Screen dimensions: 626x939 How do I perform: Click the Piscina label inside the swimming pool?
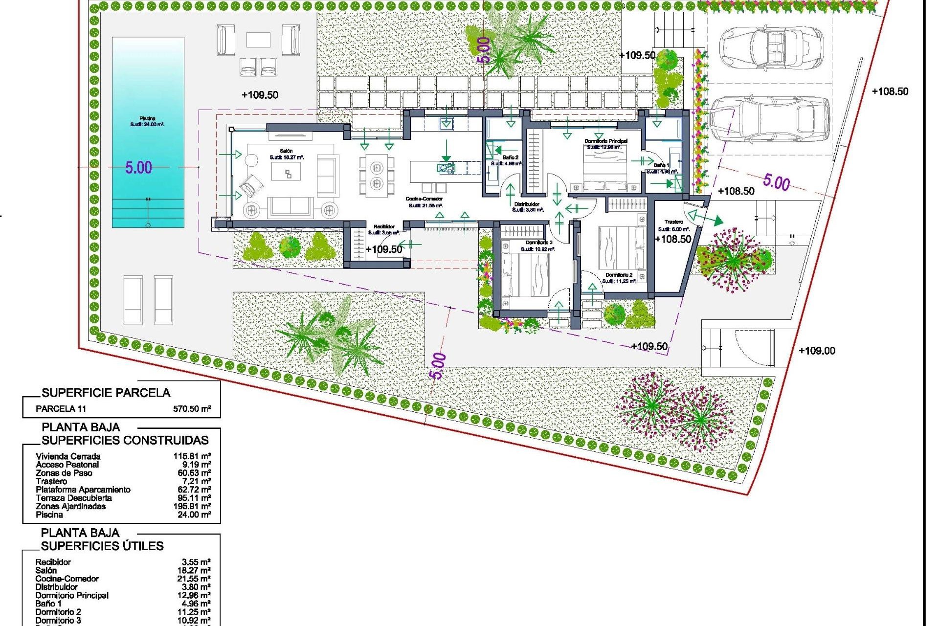pyautogui.click(x=147, y=118)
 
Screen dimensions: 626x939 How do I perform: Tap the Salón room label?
pyautogui.click(x=286, y=151)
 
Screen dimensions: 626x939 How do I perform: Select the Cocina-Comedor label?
pyautogui.click(x=424, y=199)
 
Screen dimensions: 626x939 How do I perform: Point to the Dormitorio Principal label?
pyautogui.click(x=606, y=141)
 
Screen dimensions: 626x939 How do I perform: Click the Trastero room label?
pyautogui.click(x=673, y=222)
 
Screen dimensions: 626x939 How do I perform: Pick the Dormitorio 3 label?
pyautogui.click(x=539, y=243)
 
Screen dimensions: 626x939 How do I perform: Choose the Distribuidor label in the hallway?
pyautogui.click(x=527, y=204)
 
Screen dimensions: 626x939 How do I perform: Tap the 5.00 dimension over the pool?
pyautogui.click(x=138, y=168)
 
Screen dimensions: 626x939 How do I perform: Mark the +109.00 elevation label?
pyautogui.click(x=817, y=351)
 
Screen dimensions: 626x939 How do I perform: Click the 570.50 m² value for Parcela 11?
pyautogui.click(x=192, y=409)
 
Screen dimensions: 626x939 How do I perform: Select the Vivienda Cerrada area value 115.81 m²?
pyautogui.click(x=192, y=456)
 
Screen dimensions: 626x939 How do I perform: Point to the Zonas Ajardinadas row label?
pyautogui.click(x=70, y=506)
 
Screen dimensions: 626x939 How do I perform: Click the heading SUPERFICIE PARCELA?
pyautogui.click(x=106, y=393)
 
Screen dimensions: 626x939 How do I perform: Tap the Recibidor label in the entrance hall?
pyautogui.click(x=384, y=227)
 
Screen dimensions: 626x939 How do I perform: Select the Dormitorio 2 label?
pyautogui.click(x=619, y=275)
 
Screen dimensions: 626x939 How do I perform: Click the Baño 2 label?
pyautogui.click(x=510, y=157)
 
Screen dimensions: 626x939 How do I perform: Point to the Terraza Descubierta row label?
pyautogui.click(x=73, y=498)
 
